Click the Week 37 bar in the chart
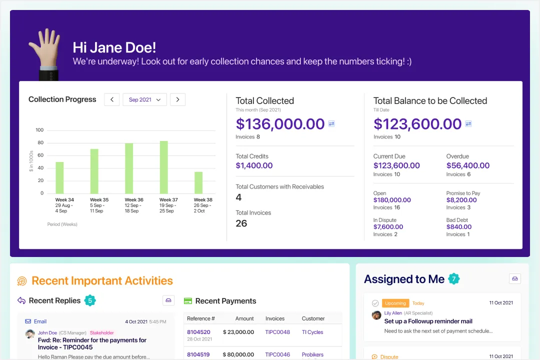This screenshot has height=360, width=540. (x=163, y=167)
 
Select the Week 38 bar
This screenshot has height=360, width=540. (x=198, y=182)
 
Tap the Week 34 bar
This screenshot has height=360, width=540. (x=59, y=177)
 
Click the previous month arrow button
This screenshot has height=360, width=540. (x=112, y=99)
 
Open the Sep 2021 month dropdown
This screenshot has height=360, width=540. (x=145, y=99)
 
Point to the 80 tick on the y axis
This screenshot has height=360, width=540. (x=39, y=142)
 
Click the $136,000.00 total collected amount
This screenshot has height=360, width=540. (x=280, y=124)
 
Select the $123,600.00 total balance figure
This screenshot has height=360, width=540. (x=417, y=124)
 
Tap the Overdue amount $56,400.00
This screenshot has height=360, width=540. (x=467, y=165)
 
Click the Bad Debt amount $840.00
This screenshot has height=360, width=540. (x=458, y=227)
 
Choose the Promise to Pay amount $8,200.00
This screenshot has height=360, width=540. (x=464, y=200)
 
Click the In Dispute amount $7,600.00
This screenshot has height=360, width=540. (x=388, y=227)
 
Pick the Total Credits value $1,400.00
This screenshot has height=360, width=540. (x=254, y=165)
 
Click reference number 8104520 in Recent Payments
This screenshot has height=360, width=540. (x=198, y=332)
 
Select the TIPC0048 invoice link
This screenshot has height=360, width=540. (x=277, y=332)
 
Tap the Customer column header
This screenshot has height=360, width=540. (x=313, y=318)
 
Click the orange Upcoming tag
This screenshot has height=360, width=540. (x=395, y=303)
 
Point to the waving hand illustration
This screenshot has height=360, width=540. (x=45, y=52)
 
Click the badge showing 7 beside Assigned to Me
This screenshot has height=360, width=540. (x=453, y=279)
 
